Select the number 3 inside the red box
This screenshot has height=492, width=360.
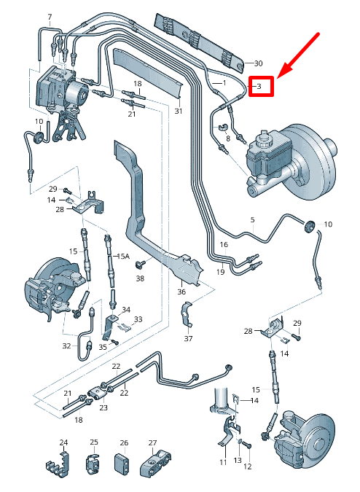259,86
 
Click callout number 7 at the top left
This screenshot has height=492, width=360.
50,17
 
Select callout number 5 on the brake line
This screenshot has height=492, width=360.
252,219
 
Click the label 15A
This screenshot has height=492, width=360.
123,256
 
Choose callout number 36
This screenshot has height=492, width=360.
181,292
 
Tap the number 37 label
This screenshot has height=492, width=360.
188,338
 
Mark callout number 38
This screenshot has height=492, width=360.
140,278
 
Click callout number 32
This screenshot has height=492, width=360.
66,345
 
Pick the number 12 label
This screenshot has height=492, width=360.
247,466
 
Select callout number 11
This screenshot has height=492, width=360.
223,463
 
